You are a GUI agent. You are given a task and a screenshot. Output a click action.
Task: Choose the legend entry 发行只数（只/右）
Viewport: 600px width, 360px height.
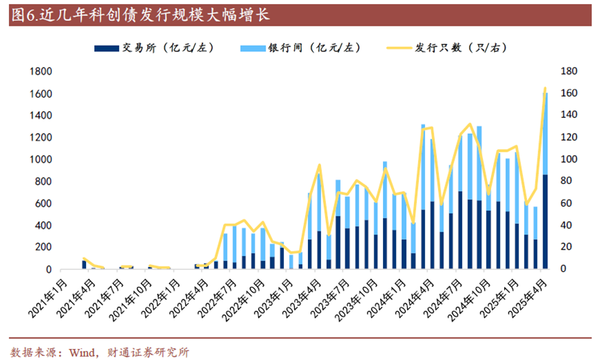coord(461,48)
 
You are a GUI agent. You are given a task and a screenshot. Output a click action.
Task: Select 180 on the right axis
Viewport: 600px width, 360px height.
coord(569,71)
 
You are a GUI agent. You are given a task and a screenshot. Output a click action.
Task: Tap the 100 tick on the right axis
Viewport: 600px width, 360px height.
coord(569,160)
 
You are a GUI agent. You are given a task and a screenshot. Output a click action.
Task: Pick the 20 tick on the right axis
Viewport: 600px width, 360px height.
coord(567,248)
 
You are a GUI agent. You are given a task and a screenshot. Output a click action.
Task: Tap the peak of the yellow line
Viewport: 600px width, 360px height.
coord(545,88)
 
